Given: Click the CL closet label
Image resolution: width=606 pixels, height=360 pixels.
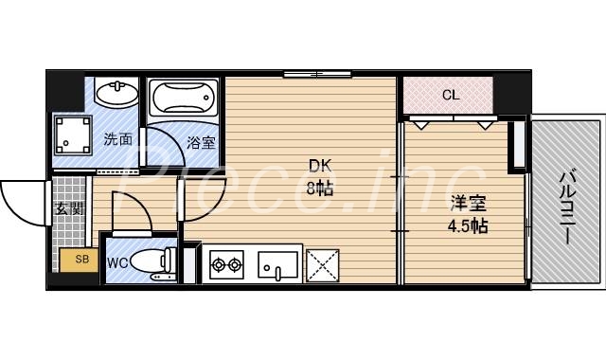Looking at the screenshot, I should [x=451, y=94].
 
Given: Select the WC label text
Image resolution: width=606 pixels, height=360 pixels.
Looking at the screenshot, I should [x=118, y=262].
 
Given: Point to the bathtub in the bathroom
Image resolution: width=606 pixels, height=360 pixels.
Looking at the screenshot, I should [x=184, y=98].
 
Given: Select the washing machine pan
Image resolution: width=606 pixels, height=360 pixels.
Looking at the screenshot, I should [x=72, y=135].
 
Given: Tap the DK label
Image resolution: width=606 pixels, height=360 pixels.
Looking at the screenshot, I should [x=315, y=164].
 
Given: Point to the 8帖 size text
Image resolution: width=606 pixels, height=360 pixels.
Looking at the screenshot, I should [x=316, y=187].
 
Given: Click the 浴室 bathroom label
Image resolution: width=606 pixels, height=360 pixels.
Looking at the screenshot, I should [x=200, y=142].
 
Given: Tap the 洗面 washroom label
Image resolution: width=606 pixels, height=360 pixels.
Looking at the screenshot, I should [x=117, y=138].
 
